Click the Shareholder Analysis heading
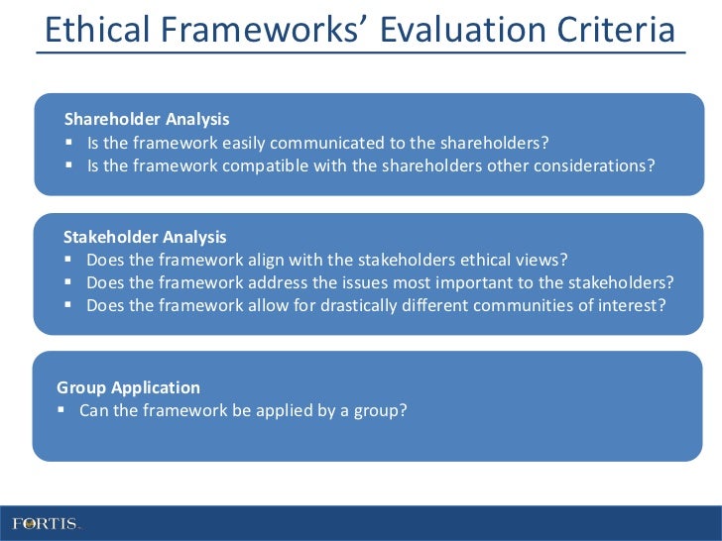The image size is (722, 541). (147, 120)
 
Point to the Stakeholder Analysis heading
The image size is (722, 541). (145, 238)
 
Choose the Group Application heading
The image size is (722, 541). (128, 388)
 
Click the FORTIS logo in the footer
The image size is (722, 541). (46, 522)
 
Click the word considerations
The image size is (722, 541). (593, 165)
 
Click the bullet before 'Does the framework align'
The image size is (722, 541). (68, 261)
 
